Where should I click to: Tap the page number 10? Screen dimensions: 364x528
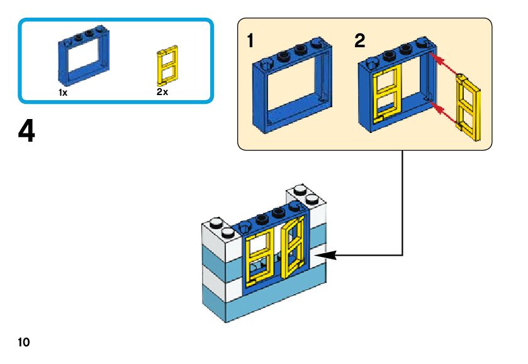24,342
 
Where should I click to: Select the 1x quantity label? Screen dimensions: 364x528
62,92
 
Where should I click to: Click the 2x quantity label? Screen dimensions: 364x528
162,92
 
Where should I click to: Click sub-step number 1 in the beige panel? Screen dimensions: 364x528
250,42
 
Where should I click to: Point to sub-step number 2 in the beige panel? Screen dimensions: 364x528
359,42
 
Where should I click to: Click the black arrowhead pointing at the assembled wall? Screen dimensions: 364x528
330,255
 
